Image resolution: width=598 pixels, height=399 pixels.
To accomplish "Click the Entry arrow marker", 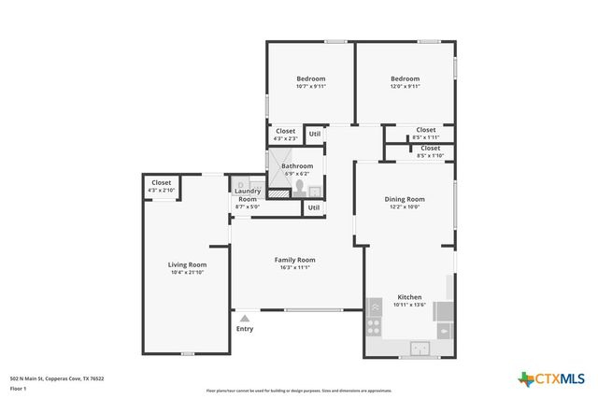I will tap(245, 318).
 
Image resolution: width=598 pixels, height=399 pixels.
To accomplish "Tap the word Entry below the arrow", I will tap(245, 329).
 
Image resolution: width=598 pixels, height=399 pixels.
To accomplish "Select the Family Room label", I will tap(294, 259).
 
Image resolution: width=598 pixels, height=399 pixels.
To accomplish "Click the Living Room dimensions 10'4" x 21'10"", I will tap(188, 273).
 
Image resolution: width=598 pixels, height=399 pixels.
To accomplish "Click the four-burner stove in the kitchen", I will tap(374, 327).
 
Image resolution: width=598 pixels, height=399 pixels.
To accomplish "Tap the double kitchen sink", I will tap(420, 349).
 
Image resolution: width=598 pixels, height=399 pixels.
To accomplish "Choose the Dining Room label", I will tap(405, 199).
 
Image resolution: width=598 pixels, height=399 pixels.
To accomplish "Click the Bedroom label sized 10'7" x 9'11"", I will tap(311, 78).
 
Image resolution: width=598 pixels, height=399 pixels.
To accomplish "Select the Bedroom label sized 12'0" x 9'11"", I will tap(405, 78).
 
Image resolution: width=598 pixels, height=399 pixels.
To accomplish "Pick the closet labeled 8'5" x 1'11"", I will tap(425, 130).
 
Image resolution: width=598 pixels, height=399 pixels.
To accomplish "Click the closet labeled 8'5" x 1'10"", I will tap(430, 148).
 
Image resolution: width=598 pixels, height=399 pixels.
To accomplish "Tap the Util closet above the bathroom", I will tap(315, 134).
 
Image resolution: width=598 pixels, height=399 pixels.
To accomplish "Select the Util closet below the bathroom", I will tap(314, 207).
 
